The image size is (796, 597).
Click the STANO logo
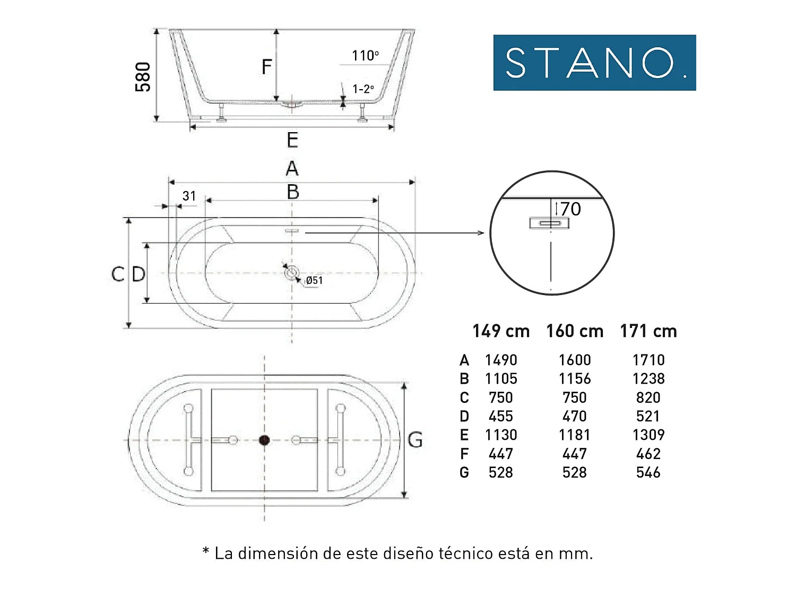594,63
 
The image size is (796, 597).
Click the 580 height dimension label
143,76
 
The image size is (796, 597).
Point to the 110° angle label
365,56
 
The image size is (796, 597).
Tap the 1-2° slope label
363,89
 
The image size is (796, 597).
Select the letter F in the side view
267,67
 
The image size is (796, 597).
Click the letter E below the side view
292,141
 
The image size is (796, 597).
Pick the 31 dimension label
189,196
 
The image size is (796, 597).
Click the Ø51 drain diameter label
314,281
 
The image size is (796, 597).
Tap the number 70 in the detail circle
570,209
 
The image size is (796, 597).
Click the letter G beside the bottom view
415,440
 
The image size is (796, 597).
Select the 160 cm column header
575,331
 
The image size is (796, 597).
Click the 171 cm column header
648,331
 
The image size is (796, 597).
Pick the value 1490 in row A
501,360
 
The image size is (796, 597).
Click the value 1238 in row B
648,379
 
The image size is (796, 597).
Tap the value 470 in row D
575,416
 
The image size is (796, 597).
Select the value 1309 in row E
648,435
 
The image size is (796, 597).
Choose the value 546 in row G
648,472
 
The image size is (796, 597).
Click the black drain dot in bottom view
264,440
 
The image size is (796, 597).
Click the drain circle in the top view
291,273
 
